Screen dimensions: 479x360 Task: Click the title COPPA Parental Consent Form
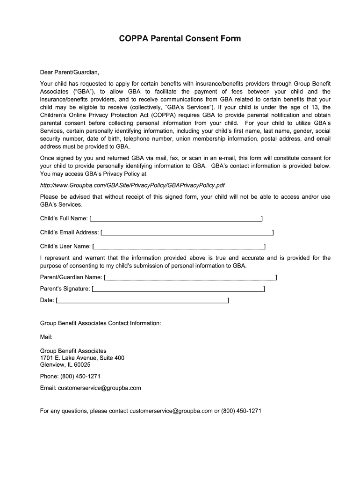pos(180,38)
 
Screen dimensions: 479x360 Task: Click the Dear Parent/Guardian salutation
pos(70,73)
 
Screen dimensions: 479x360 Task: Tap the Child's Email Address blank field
pos(187,232)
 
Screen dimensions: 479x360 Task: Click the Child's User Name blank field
pos(179,247)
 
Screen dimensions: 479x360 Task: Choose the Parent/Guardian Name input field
pos(191,277)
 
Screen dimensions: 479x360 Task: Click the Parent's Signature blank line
pos(179,289)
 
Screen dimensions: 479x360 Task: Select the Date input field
pos(142,300)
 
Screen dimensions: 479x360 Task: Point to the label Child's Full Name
pos(64,218)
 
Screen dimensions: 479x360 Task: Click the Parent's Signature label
pos(65,289)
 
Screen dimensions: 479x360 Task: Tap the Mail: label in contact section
pos(46,337)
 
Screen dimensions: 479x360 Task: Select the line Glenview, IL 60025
pos(65,365)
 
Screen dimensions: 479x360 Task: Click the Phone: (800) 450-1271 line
pos(70,377)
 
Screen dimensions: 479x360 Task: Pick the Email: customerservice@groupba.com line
pos(90,388)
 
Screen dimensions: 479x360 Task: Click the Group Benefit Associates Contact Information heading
pos(101,323)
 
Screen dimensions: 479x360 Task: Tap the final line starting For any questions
pos(151,411)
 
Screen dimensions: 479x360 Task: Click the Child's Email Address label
pos(70,232)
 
